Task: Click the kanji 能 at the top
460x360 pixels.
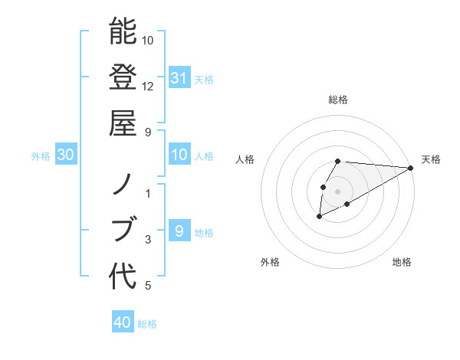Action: [x=123, y=32]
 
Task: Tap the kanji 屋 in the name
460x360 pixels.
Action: [x=123, y=123]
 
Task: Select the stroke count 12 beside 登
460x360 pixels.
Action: [x=148, y=86]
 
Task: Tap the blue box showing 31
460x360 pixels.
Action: [x=179, y=77]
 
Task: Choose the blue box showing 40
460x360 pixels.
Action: [x=123, y=322]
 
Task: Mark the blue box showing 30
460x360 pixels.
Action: [x=66, y=155]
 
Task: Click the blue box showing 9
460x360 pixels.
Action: [x=179, y=231]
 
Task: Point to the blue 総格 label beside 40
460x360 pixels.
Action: [x=147, y=324]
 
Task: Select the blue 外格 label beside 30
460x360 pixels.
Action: [x=41, y=156]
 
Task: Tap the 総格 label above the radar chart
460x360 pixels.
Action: [x=338, y=100]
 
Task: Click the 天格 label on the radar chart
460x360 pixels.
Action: [x=431, y=159]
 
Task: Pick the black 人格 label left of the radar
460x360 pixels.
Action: [x=245, y=159]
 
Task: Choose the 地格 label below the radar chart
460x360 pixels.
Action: [x=402, y=262]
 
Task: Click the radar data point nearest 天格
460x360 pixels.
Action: [x=411, y=168]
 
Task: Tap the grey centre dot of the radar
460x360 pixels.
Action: [x=338, y=191]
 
